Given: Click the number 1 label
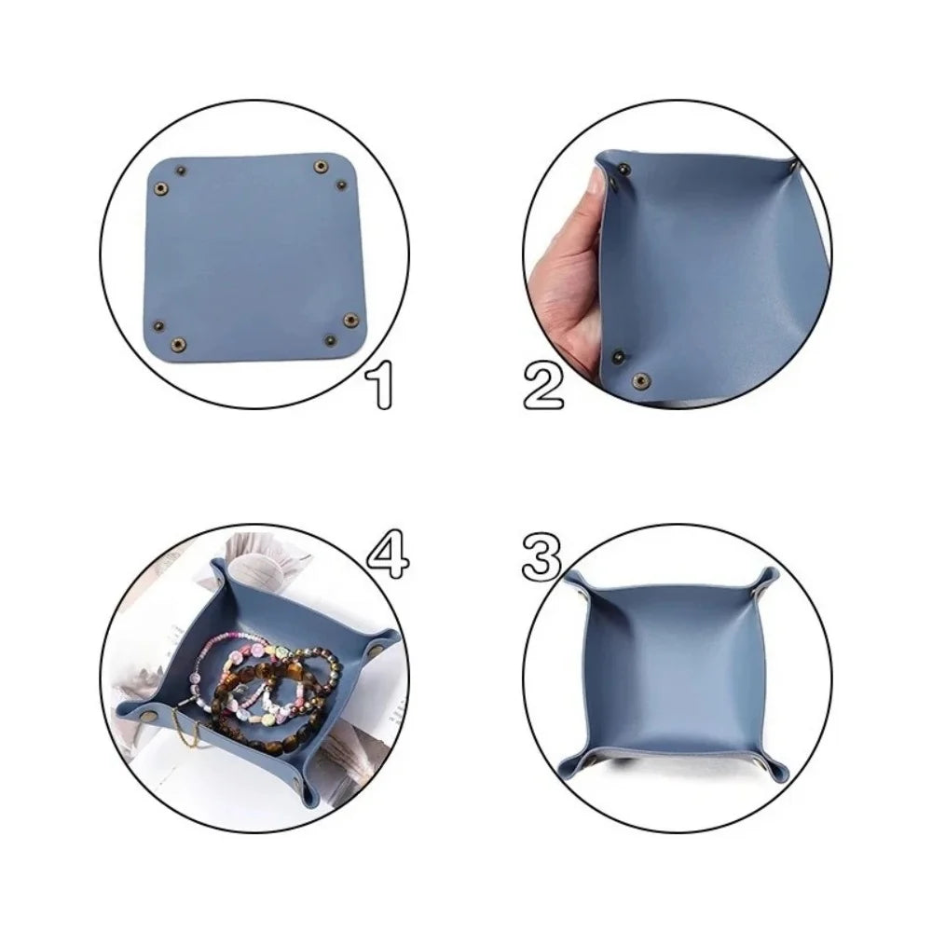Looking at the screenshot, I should click(x=378, y=384).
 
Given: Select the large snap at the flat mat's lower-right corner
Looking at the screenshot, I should click(x=349, y=320).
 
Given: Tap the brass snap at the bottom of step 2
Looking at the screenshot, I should click(x=641, y=378).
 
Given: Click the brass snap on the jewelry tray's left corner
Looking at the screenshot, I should click(x=150, y=714).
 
